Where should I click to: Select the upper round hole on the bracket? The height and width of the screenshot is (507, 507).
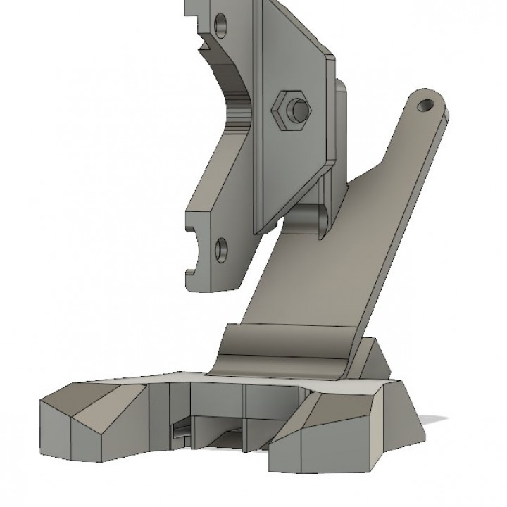[x=222, y=25]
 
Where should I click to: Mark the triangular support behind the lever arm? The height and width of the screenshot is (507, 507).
[x=377, y=359]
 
